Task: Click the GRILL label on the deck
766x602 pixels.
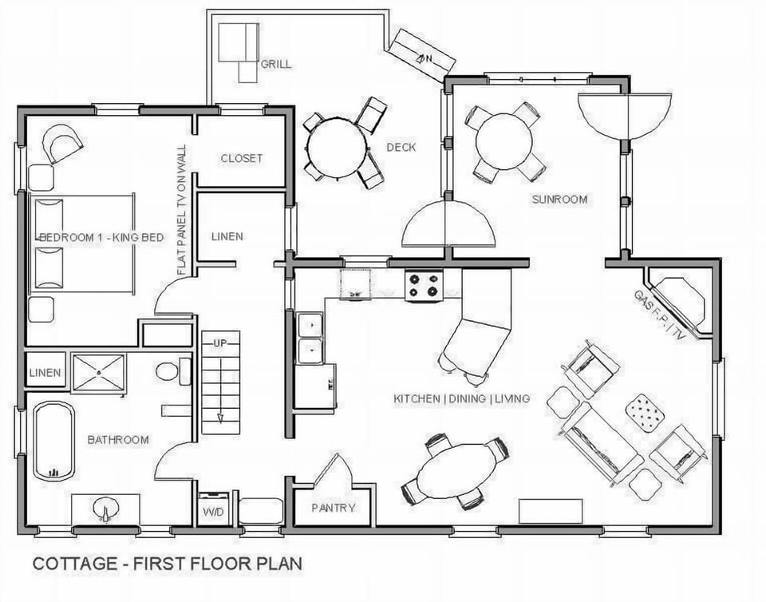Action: click(276, 64)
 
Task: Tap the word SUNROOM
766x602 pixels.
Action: click(559, 199)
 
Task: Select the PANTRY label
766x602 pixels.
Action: click(333, 508)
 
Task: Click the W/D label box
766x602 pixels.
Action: click(212, 511)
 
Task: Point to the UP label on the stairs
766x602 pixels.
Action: click(220, 343)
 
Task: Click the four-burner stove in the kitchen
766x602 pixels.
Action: click(424, 286)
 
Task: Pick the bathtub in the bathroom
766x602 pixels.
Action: click(54, 441)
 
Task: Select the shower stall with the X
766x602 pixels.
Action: click(99, 372)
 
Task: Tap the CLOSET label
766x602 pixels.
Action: click(241, 158)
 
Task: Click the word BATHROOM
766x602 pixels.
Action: click(118, 440)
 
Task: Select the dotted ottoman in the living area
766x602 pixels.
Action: click(645, 412)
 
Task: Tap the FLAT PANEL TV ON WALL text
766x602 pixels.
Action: click(182, 210)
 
